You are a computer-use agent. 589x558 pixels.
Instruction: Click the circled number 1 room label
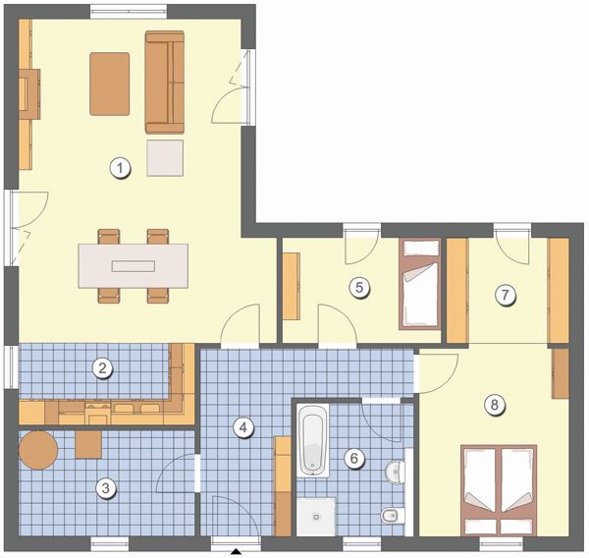(120, 168)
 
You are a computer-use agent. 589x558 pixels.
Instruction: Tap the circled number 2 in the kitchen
(102, 367)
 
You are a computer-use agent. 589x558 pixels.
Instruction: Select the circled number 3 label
(106, 488)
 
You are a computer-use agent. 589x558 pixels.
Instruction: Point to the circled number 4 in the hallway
(243, 427)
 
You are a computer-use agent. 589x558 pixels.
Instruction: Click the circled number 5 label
(359, 288)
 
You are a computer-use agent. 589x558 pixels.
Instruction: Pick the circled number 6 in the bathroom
(353, 459)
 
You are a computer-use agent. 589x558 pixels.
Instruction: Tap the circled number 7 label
(506, 295)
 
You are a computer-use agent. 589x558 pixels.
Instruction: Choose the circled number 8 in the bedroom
(494, 405)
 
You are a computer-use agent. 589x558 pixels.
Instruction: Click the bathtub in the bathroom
(313, 441)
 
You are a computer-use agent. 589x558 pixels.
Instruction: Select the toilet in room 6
(393, 515)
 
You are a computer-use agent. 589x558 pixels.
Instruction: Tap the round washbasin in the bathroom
(395, 471)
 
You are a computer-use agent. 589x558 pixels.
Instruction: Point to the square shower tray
(316, 517)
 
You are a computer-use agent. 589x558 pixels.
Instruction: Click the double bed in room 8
(499, 490)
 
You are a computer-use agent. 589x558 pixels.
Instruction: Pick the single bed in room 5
(420, 284)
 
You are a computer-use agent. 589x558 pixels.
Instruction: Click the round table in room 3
(38, 450)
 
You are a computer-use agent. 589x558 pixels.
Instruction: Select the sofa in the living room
(165, 83)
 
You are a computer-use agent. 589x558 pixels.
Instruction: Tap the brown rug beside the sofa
(110, 84)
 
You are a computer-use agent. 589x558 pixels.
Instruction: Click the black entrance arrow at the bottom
(236, 551)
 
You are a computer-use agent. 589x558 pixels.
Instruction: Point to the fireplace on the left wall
(29, 94)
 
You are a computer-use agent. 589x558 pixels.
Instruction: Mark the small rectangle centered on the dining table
(134, 266)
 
